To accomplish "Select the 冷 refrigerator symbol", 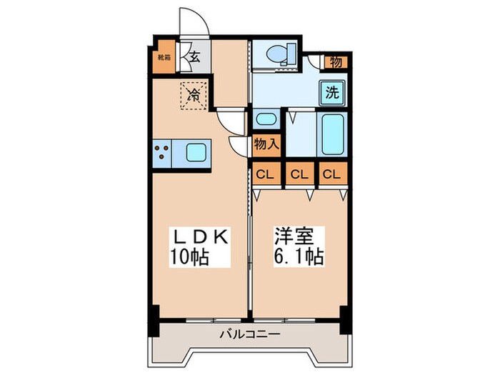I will pos(193,93).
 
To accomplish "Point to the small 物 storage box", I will pos(336,62).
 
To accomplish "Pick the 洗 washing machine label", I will pos(333,91).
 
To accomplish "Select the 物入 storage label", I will pos(267,144).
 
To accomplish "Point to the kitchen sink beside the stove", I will pos(196,152).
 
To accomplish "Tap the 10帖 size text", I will pos(189,256).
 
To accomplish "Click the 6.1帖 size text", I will pos(299,256).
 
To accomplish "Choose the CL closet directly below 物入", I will pos(264,174).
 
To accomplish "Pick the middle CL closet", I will pos(299,174).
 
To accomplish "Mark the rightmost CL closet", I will pos(331,174).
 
